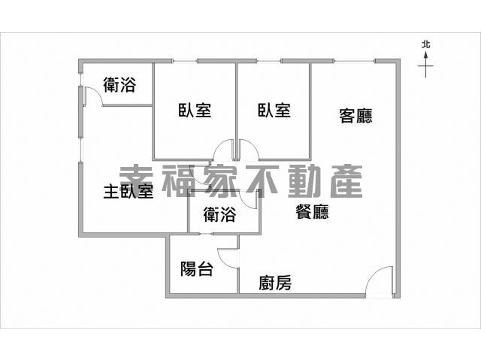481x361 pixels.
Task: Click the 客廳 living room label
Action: click(355, 116)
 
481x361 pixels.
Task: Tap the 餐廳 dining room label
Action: click(313, 212)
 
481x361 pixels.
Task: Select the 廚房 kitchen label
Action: click(275, 283)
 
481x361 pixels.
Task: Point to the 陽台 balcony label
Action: click(197, 269)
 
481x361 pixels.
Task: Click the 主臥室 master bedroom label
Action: click(129, 191)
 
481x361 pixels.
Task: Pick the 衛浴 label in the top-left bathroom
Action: click(119, 85)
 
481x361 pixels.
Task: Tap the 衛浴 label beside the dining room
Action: click(219, 214)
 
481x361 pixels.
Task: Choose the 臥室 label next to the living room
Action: click(274, 111)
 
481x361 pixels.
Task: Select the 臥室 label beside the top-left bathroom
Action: click(195, 111)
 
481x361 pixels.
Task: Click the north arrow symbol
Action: click(425, 65)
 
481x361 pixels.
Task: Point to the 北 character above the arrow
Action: click(426, 45)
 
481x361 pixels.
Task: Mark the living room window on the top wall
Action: click(354, 61)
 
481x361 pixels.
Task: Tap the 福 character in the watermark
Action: click(178, 181)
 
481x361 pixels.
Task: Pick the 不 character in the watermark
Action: click(263, 181)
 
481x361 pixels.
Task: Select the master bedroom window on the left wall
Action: click(80, 150)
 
